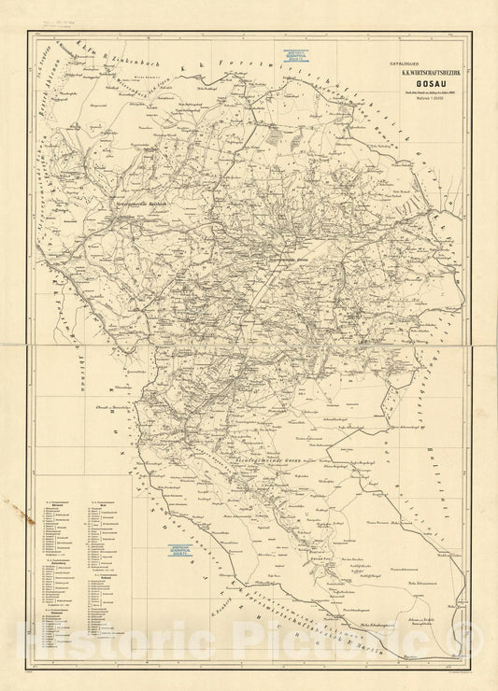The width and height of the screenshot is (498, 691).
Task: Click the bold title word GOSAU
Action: (x=418, y=79)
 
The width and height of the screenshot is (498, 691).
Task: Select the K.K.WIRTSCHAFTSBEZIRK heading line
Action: (x=418, y=68)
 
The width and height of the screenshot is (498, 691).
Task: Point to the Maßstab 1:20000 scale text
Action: (x=418, y=97)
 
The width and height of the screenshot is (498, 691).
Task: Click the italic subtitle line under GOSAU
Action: (x=418, y=90)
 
